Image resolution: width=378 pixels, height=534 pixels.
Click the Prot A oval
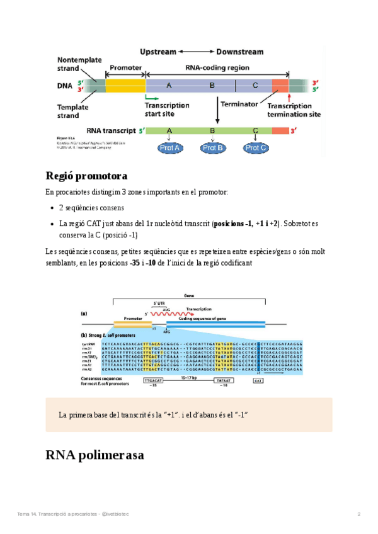pos(170,148)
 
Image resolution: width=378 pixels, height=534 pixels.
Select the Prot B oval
pos(212,148)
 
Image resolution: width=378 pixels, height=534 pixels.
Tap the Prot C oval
pos(255,148)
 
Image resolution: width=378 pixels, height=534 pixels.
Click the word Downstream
pos(240,52)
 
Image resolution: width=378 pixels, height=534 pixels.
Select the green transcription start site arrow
pos(151,98)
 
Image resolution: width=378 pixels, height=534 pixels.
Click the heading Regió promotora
pos(86,175)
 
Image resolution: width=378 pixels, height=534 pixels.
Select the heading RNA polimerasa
pos(96,455)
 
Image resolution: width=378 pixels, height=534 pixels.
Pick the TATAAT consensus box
pos(223,381)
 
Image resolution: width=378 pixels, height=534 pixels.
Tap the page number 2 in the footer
pos(359,514)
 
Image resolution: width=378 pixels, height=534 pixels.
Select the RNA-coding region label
pos(217,68)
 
